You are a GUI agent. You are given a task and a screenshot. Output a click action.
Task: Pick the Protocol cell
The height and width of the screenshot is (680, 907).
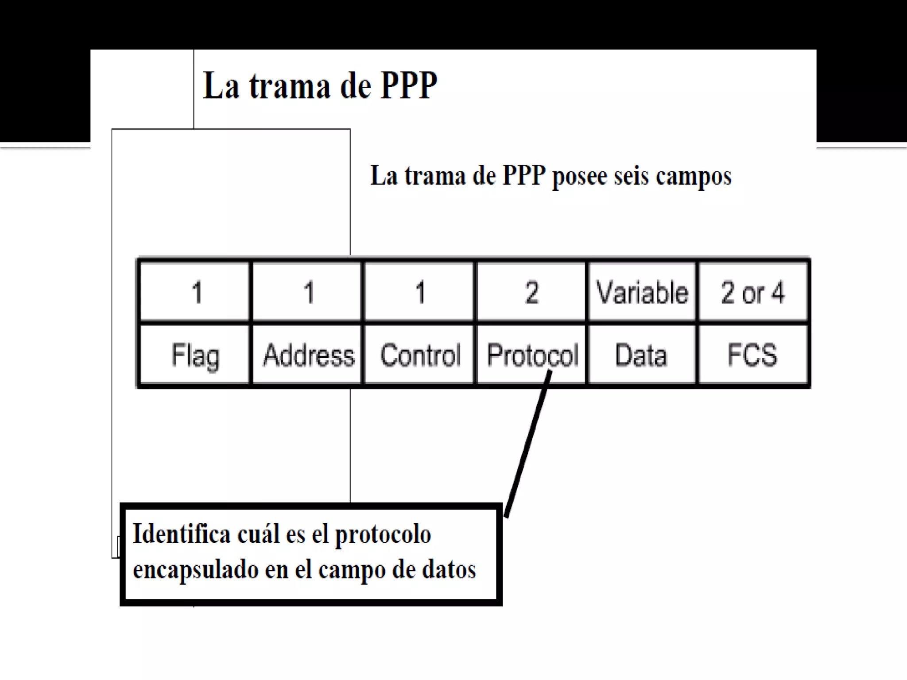[x=531, y=354]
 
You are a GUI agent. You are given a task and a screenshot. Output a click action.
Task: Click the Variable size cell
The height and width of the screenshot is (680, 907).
[x=642, y=293]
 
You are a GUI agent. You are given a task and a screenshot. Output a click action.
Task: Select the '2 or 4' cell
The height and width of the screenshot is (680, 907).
[x=752, y=293]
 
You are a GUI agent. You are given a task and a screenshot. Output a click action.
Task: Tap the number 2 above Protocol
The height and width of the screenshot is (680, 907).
[x=532, y=293]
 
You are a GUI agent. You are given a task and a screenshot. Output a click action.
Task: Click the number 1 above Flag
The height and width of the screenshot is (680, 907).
[x=197, y=293]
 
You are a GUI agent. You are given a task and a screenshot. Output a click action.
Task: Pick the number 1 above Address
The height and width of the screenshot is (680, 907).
[x=309, y=293]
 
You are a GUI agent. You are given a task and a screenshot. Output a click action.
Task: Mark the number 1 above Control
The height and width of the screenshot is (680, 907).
[x=420, y=293]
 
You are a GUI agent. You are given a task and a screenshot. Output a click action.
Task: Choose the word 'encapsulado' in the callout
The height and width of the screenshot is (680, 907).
[x=195, y=570]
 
